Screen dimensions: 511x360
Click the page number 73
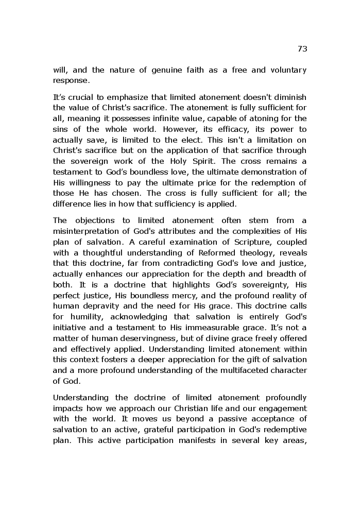tap(302, 49)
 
